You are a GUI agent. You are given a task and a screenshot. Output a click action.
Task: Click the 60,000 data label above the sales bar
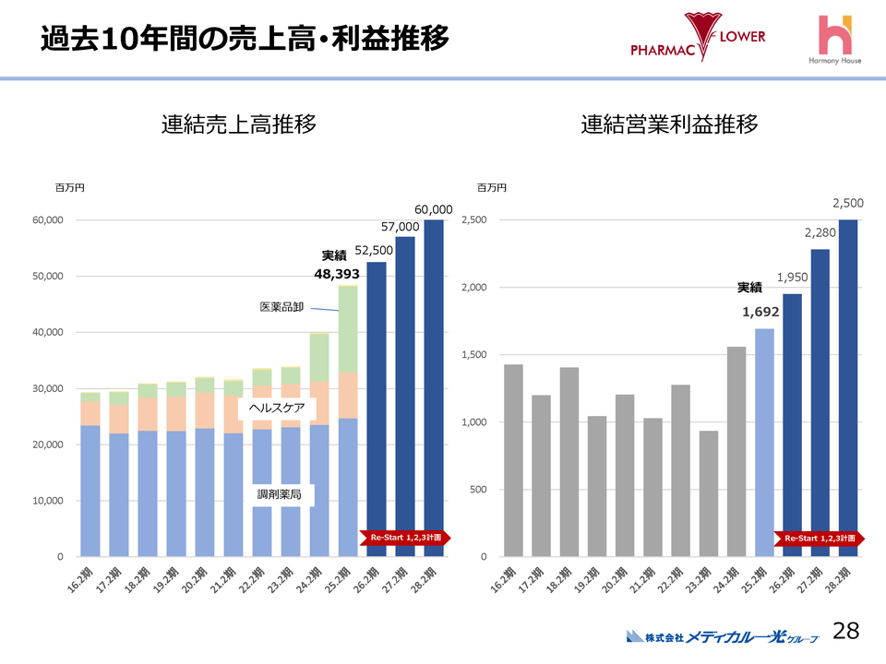[433, 209]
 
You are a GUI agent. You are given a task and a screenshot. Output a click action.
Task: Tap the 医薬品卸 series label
[281, 305]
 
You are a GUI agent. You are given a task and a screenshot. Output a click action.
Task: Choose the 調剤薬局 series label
[279, 495]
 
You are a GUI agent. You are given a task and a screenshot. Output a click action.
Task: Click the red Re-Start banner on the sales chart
[405, 537]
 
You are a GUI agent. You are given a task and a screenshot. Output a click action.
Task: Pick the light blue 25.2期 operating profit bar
[765, 443]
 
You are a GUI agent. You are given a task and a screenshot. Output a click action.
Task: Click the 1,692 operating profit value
[760, 312]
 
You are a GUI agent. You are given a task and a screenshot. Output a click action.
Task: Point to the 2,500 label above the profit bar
[848, 202]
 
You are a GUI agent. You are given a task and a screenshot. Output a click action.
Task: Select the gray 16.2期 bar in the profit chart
[513, 460]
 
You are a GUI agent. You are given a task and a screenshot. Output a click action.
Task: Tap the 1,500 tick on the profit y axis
[473, 355]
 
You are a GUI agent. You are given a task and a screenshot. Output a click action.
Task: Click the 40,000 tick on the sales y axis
[45, 332]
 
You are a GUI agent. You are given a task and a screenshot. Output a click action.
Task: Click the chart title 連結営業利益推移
[670, 125]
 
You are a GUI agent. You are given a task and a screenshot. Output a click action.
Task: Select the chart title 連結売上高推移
[239, 125]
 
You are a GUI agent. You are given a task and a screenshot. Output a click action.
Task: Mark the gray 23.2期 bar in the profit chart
[709, 493]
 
